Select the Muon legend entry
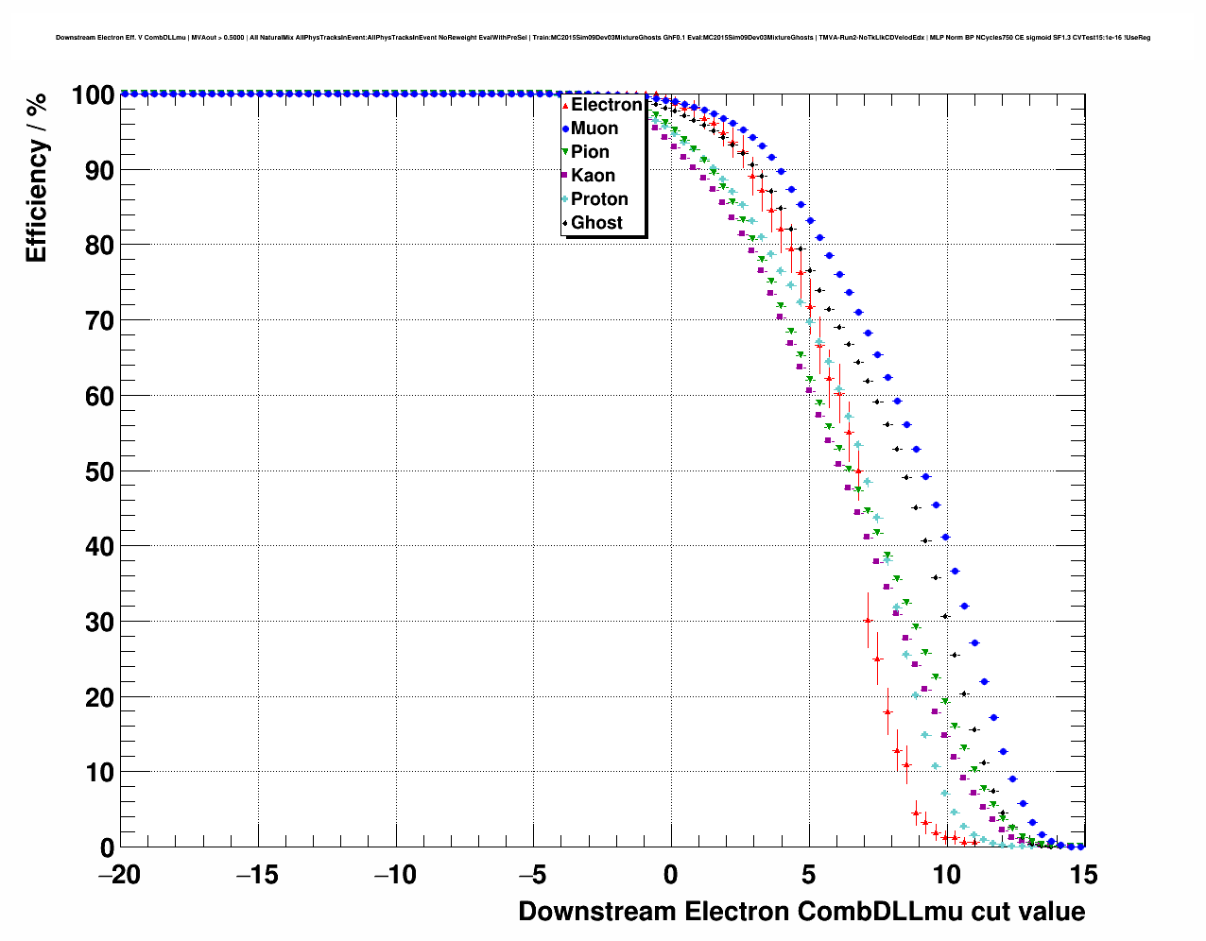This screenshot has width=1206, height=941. point(594,128)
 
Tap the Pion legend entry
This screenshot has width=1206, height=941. point(590,152)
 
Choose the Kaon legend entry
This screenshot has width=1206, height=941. point(593,176)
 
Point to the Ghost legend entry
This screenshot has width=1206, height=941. point(596,223)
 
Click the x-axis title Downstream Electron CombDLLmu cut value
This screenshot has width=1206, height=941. point(801,912)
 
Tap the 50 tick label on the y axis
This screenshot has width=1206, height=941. point(97,471)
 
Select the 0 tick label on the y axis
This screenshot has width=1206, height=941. point(107,847)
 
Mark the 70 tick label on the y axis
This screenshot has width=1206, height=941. point(97,321)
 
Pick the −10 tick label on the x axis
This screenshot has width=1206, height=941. point(394,876)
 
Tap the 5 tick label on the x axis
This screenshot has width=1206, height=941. point(809,876)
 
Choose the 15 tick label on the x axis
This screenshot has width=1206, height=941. point(1084,876)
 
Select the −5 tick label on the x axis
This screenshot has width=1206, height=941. point(532,876)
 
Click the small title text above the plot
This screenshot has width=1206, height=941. point(603,38)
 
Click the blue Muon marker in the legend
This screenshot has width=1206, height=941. point(565,128)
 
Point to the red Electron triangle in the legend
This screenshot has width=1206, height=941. point(565,105)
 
